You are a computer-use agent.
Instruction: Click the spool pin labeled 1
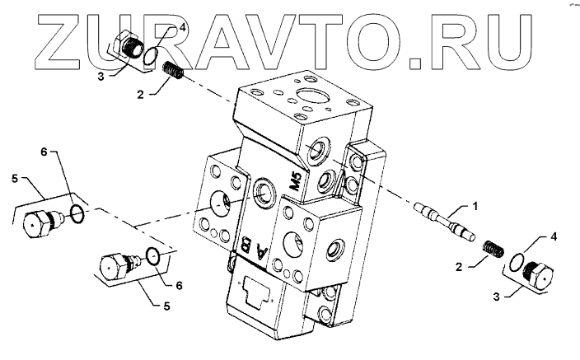click(446, 223)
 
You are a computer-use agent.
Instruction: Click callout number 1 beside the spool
click(475, 204)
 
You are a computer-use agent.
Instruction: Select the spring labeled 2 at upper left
click(171, 72)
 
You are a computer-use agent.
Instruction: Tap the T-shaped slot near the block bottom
click(257, 291)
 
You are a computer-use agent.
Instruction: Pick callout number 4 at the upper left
click(183, 27)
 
